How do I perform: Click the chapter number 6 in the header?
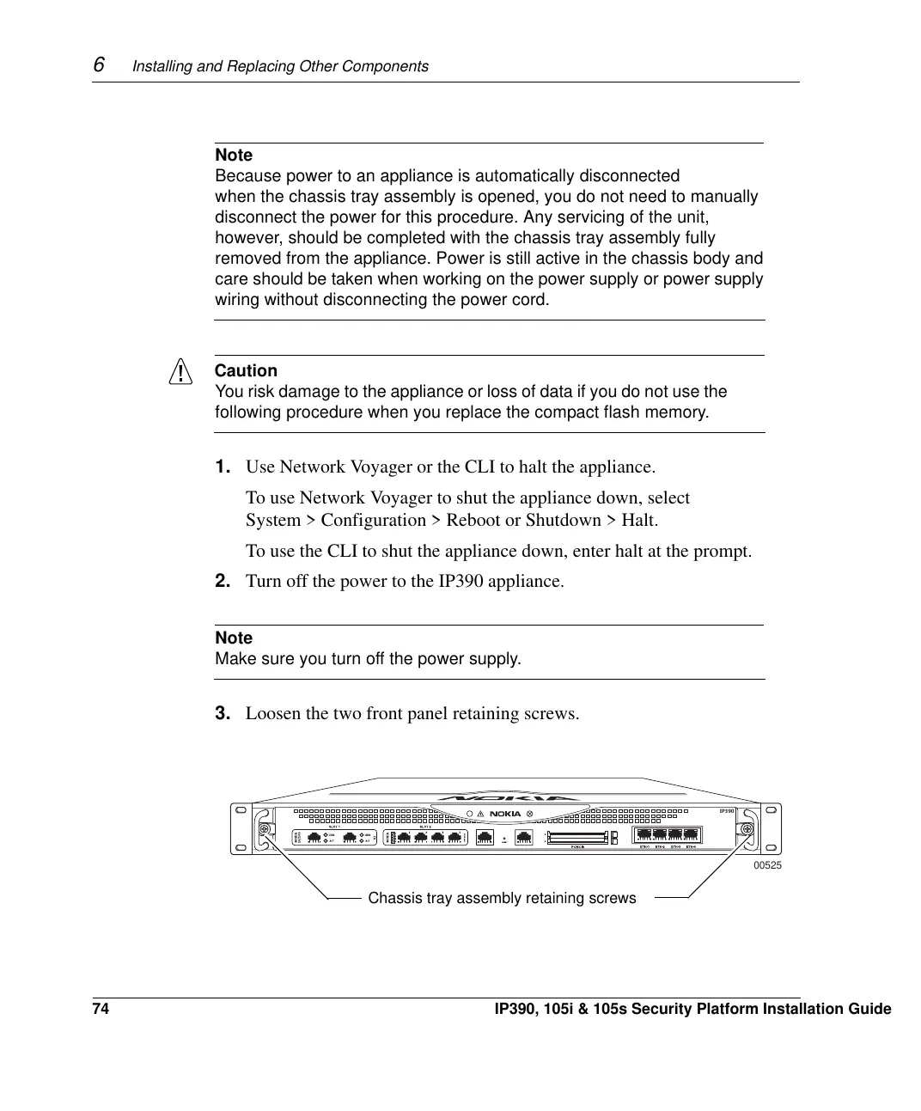[99, 64]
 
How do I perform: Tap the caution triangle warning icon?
[180, 372]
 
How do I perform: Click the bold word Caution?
[246, 371]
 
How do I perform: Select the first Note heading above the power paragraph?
[234, 156]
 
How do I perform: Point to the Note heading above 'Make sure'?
[234, 638]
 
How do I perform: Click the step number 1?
[223, 467]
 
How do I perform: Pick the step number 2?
[223, 581]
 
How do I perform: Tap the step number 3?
[223, 713]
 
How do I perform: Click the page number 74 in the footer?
[101, 1009]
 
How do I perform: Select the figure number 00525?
[767, 865]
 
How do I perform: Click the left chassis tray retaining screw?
[265, 828]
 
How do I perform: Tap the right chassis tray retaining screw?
[747, 828]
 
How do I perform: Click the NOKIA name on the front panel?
[505, 814]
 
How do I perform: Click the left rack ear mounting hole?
[241, 810]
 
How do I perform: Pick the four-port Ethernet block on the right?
[668, 833]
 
